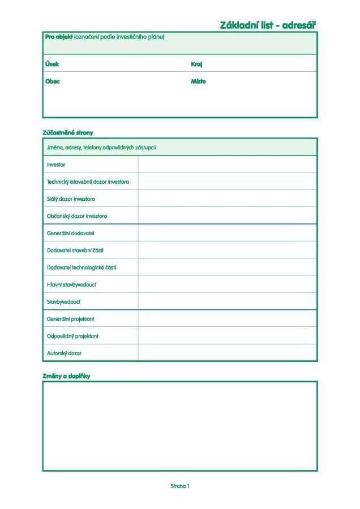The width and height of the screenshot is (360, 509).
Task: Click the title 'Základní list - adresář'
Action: (267, 25)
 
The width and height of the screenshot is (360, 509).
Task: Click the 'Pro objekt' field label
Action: (59, 37)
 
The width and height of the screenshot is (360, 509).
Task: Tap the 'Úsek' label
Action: (52, 64)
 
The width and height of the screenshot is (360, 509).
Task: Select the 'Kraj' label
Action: (196, 64)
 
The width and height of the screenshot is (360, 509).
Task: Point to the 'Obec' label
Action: (52, 81)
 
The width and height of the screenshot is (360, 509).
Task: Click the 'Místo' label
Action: (198, 81)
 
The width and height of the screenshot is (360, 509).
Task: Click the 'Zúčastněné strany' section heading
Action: (67, 133)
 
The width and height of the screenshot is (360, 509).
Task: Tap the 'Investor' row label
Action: (56, 165)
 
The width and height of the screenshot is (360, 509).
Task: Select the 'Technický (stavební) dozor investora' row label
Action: (88, 182)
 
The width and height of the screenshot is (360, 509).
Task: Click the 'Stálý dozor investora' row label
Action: (71, 199)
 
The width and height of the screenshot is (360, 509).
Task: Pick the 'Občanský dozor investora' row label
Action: (77, 216)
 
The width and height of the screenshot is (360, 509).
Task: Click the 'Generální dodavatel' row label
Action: (71, 233)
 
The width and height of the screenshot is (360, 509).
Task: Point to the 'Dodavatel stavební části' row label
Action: (75, 250)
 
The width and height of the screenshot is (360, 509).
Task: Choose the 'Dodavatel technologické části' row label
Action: (82, 268)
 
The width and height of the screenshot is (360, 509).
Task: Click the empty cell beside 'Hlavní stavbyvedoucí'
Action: (227, 284)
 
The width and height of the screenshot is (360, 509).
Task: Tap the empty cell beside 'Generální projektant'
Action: (227, 319)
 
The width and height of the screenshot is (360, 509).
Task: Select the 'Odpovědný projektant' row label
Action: (72, 336)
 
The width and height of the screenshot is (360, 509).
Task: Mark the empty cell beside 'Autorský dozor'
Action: (227, 353)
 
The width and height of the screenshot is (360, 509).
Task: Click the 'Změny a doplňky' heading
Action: (66, 376)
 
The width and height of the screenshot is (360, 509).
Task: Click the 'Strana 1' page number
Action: (180, 486)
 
